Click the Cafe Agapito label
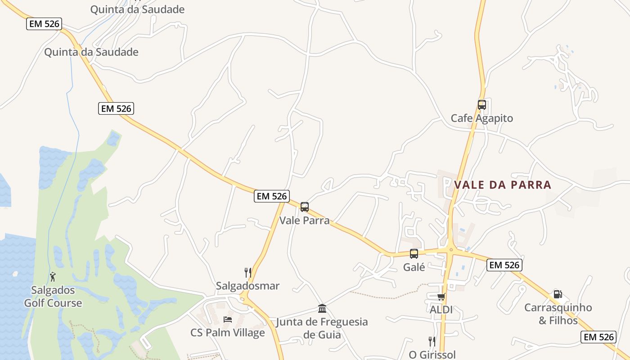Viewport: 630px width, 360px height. tap(482, 118)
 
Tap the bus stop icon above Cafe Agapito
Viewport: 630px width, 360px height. tap(482, 105)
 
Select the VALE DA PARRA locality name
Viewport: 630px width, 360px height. tap(503, 185)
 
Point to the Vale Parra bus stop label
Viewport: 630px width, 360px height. tap(305, 220)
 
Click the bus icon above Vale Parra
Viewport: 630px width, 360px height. tap(305, 207)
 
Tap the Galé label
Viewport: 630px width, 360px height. tap(414, 267)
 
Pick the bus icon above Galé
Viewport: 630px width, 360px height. tap(414, 254)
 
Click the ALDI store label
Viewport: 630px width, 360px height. tap(441, 310)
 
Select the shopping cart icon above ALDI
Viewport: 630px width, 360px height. tap(441, 297)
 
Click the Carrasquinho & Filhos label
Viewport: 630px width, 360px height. tap(558, 314)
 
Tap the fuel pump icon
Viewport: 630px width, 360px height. tap(558, 294)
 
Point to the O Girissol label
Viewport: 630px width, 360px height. tap(432, 355)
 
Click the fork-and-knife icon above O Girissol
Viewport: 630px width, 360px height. tap(432, 341)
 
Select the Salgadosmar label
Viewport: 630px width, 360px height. tap(247, 286)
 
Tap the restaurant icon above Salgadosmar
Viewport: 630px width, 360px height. tap(247, 272)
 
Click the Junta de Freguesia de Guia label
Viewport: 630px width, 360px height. tap(322, 328)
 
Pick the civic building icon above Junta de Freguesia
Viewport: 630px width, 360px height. tap(322, 309)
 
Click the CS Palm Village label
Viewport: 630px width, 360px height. tap(228, 333)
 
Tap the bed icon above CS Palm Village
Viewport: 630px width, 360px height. tap(228, 319)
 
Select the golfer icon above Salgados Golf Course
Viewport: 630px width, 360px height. tap(53, 277)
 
